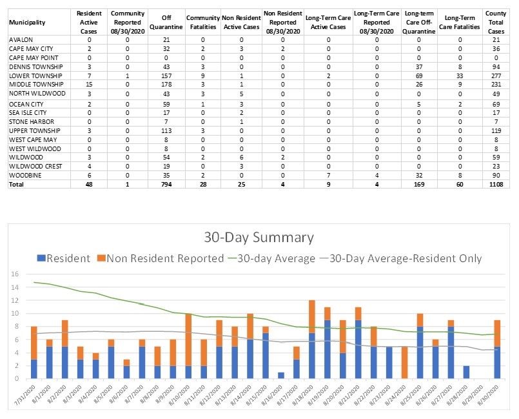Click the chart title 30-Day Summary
point(259,237)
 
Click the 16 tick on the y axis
point(15,274)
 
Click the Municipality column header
point(27,22)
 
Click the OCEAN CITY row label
point(26,103)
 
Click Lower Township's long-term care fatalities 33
point(459,76)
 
